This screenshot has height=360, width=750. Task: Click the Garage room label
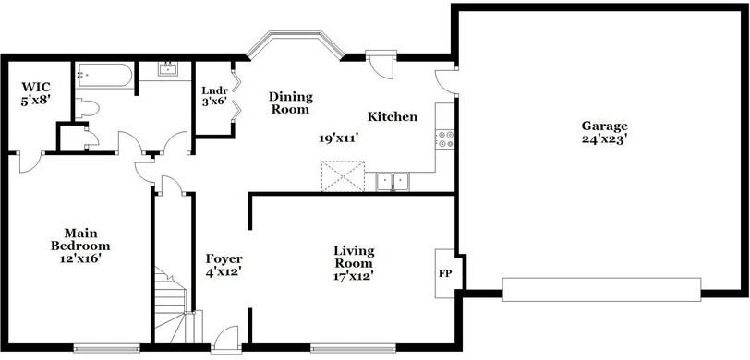click(605, 126)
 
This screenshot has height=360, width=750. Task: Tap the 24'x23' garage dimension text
click(605, 140)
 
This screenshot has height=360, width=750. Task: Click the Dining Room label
click(290, 102)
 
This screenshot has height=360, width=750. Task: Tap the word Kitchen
click(393, 116)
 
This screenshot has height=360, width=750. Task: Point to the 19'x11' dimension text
click(339, 138)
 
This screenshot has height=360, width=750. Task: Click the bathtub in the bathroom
click(103, 75)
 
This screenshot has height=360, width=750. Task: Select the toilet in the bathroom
click(87, 108)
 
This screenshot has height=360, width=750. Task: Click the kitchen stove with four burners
click(445, 138)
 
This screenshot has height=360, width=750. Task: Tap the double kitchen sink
click(393, 182)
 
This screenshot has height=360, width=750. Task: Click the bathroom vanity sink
click(167, 69)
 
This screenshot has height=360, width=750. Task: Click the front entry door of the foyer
click(225, 340)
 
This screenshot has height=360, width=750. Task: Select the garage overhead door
click(601, 289)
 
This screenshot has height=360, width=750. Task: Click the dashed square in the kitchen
click(343, 176)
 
